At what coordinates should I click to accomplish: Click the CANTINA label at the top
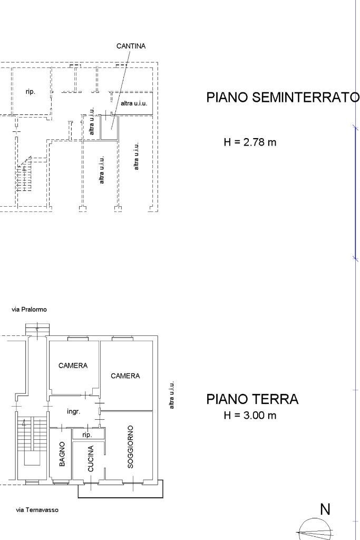[x=131, y=46]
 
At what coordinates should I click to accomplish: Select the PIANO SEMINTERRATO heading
[x=283, y=98]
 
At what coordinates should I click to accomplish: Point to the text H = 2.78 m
[x=250, y=142]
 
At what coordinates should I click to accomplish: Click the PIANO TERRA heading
[x=252, y=399]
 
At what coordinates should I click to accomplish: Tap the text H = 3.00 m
[x=250, y=416]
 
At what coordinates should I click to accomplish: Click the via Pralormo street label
[x=29, y=310]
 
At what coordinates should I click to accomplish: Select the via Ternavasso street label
[x=37, y=510]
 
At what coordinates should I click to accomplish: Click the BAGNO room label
[x=62, y=454]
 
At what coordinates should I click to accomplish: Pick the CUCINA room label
[x=91, y=459]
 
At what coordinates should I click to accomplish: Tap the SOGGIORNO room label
[x=130, y=447]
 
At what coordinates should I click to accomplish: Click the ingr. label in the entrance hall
[x=74, y=411]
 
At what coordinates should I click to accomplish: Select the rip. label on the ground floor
[x=87, y=435]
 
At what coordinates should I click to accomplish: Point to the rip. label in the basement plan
[x=31, y=92]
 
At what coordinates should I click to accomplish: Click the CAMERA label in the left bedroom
[x=73, y=365]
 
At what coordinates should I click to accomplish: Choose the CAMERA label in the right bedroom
[x=125, y=376]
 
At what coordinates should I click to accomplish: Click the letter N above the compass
[x=325, y=509]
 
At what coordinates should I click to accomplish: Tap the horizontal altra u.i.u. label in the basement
[x=133, y=103]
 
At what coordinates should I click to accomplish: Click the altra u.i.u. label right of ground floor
[x=172, y=396]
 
